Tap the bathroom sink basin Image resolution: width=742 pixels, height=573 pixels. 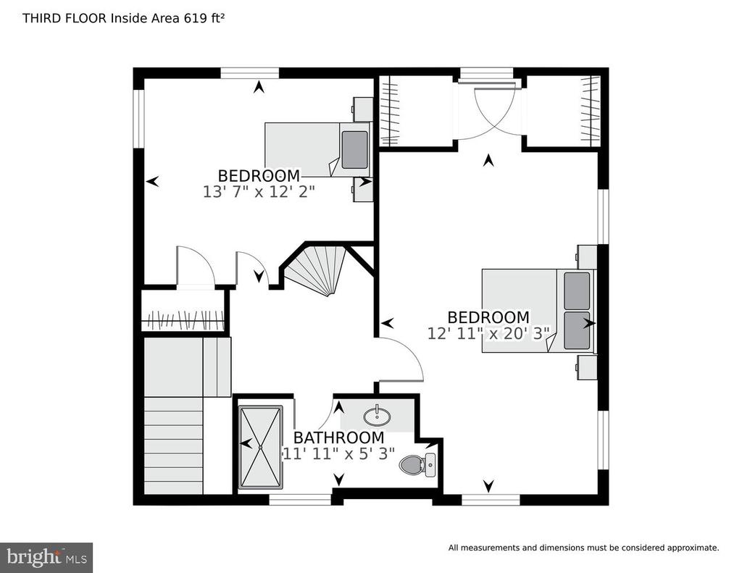pyautogui.click(x=377, y=416)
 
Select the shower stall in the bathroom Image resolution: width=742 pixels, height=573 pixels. pyautogui.click(x=260, y=447)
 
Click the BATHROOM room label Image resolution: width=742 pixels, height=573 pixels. pyautogui.click(x=339, y=438)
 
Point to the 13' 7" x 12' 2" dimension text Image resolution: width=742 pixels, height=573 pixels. pyautogui.click(x=259, y=192)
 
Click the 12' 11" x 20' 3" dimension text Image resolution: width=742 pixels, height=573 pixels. pyautogui.click(x=489, y=333)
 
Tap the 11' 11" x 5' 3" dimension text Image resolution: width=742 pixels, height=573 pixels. pyautogui.click(x=339, y=453)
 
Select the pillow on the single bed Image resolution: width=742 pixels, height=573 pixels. pyautogui.click(x=354, y=149)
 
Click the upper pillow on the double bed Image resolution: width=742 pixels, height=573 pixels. pyautogui.click(x=577, y=291)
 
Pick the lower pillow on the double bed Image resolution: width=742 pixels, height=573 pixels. pyautogui.click(x=577, y=330)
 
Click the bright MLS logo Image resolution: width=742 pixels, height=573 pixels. pyautogui.click(x=46, y=557)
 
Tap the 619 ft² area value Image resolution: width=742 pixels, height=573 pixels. pyautogui.click(x=204, y=18)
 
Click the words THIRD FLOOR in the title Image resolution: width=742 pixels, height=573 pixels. pyautogui.click(x=64, y=18)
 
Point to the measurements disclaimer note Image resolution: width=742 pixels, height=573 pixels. pyautogui.click(x=583, y=548)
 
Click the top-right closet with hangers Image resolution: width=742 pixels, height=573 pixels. pyautogui.click(x=564, y=111)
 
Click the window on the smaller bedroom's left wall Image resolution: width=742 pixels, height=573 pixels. pyautogui.click(x=138, y=118)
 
